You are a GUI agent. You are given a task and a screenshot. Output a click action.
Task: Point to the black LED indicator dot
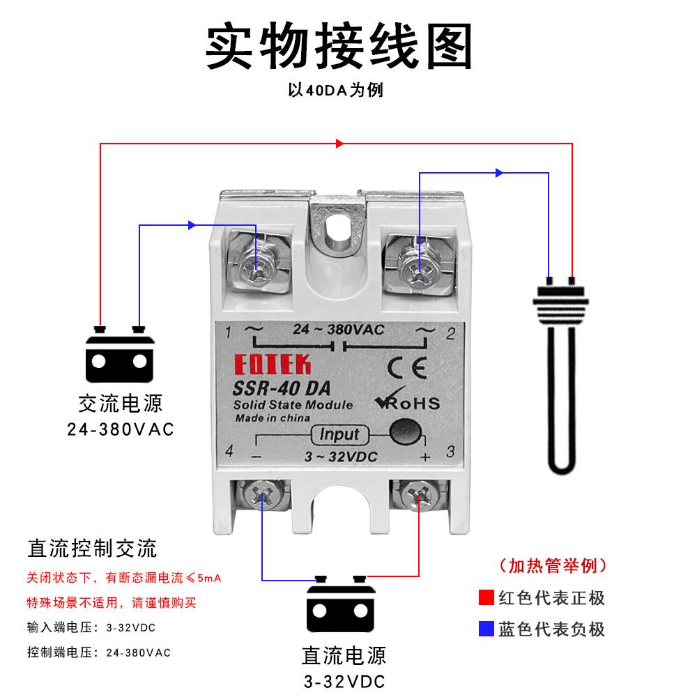(404, 432)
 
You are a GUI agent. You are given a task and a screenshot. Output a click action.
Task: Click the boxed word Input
(339, 434)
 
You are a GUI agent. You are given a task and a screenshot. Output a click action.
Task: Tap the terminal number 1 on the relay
(229, 333)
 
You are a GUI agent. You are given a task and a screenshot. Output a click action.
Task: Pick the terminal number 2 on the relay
(450, 333)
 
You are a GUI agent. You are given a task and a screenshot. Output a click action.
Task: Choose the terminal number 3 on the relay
(450, 452)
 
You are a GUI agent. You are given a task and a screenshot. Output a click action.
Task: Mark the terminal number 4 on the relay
(229, 452)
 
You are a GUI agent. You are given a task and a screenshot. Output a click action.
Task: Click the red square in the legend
(487, 597)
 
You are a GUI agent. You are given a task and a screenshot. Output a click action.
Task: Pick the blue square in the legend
(487, 629)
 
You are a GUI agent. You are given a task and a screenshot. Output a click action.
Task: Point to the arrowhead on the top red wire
(340, 144)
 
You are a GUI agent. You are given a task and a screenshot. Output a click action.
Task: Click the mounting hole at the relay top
(339, 227)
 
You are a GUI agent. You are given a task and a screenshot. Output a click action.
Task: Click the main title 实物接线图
(339, 45)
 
